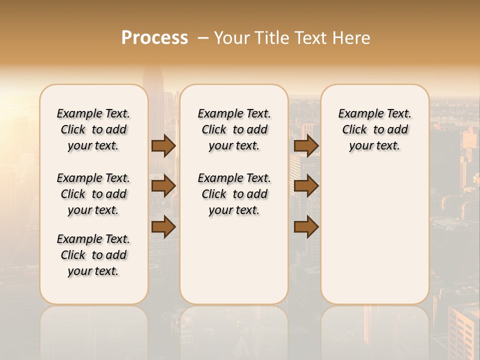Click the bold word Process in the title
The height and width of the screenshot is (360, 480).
point(154,38)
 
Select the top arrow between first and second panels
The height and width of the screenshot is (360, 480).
point(163,146)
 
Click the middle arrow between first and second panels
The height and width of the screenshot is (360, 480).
point(163,186)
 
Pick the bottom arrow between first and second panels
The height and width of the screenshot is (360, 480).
point(163,226)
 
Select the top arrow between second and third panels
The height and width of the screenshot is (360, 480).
point(306,146)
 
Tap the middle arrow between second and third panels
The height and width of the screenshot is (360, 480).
point(306,186)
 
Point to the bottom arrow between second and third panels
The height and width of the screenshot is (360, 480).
point(306,226)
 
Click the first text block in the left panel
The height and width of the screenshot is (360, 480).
point(93,129)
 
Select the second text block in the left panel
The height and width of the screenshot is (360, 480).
point(93,194)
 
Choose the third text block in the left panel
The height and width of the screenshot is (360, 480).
point(93,255)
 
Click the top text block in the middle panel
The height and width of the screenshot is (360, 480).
point(234,129)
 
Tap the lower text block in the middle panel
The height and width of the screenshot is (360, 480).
point(234,194)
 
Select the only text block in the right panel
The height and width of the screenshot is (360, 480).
point(374,129)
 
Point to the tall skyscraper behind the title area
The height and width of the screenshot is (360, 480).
point(153,80)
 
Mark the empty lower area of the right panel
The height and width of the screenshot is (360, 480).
point(374,230)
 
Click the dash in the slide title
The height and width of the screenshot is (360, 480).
point(203,38)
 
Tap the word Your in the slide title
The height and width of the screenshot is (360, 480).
point(232,38)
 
